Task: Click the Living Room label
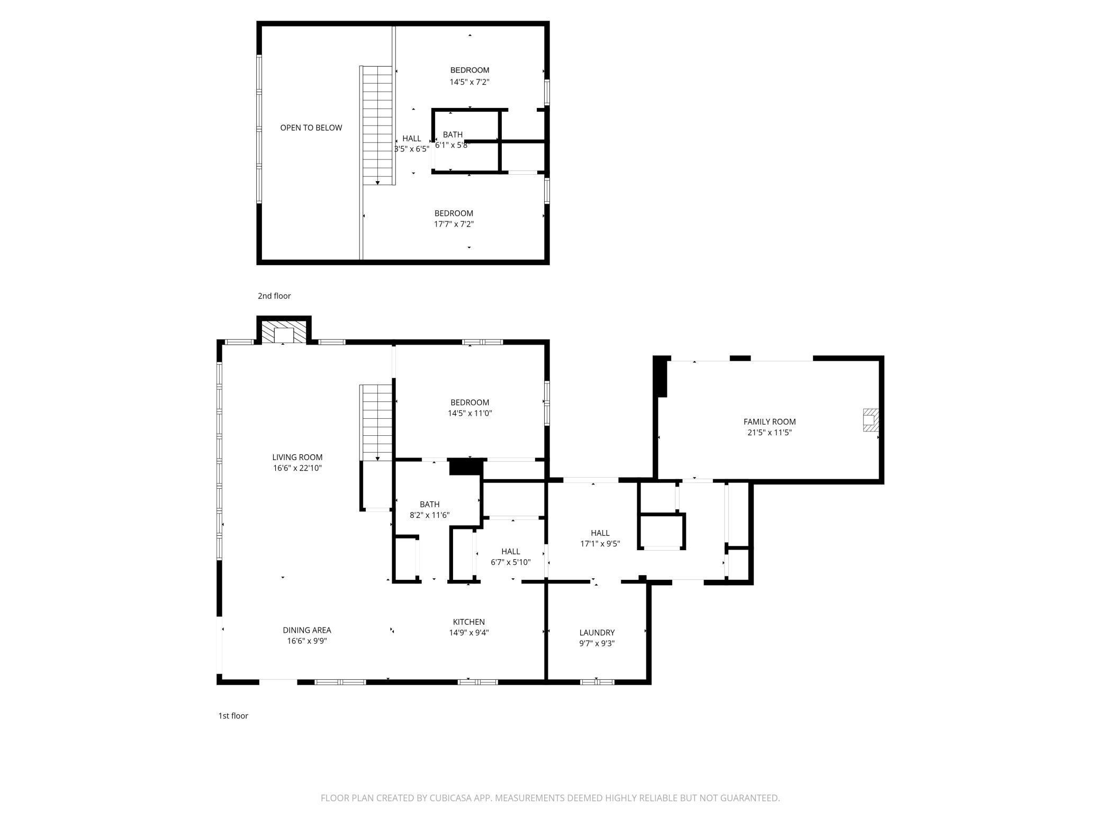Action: click(297, 457)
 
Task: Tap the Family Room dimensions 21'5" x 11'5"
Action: click(770, 433)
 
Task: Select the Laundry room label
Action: click(597, 633)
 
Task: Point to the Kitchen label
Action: click(468, 622)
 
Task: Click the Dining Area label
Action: click(307, 630)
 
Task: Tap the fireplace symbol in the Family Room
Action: click(871, 419)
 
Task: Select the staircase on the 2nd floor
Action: click(377, 125)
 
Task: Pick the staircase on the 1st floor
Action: click(377, 423)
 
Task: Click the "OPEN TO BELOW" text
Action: click(311, 128)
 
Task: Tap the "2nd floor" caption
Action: click(274, 296)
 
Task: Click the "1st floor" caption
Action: click(233, 716)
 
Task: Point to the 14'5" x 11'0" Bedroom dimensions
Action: click(470, 414)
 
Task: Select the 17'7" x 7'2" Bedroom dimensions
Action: click(454, 224)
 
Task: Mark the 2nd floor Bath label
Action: click(453, 135)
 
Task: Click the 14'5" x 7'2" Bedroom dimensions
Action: click(470, 82)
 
